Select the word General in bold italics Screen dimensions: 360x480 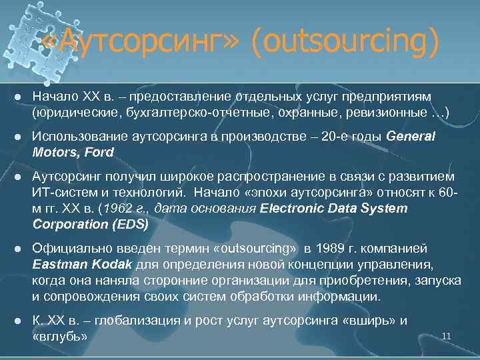[x=410, y=137]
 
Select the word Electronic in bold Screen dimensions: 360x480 [x=289, y=209]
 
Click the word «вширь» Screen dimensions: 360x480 [x=366, y=321]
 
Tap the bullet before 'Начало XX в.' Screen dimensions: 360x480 [x=19, y=98]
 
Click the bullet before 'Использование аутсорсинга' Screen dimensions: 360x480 [x=19, y=137]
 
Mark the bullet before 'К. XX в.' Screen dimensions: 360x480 [x=19, y=321]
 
